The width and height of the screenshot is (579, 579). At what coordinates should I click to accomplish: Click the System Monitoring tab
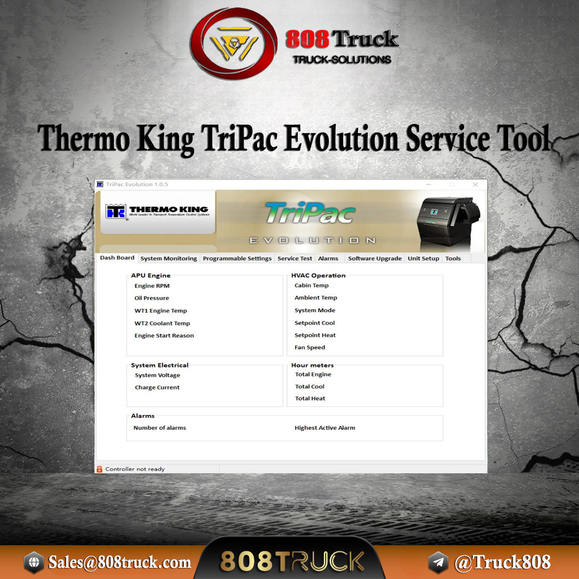tap(168, 259)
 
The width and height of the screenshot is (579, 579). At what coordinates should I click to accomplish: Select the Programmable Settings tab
tap(237, 259)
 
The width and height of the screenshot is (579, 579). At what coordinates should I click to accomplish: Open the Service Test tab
tap(294, 259)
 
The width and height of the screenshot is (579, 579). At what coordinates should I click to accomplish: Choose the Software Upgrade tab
tap(374, 259)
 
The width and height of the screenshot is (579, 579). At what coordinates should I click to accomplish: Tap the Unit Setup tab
tap(423, 259)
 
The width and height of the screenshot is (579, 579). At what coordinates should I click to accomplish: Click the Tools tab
tap(453, 259)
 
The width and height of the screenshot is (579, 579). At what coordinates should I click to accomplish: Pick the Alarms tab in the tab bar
tap(328, 259)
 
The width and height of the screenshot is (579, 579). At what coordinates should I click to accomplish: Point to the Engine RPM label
tap(152, 286)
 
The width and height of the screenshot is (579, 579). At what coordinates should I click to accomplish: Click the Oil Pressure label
tap(152, 298)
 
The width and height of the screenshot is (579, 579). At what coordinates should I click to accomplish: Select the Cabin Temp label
tap(311, 286)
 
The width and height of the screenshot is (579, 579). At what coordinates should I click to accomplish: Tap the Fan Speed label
tap(310, 347)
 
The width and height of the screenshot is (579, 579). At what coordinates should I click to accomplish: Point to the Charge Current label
tap(157, 387)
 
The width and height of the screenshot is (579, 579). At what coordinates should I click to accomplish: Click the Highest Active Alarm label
tap(325, 428)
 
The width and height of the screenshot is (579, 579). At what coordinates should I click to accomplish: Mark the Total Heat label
tap(310, 399)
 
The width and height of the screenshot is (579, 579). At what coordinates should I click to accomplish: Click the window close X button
tap(475, 184)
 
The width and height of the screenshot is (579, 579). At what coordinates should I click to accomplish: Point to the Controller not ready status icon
tap(99, 469)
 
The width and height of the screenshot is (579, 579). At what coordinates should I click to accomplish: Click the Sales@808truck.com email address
tap(119, 562)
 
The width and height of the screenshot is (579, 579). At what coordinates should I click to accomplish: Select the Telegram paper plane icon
tap(438, 563)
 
